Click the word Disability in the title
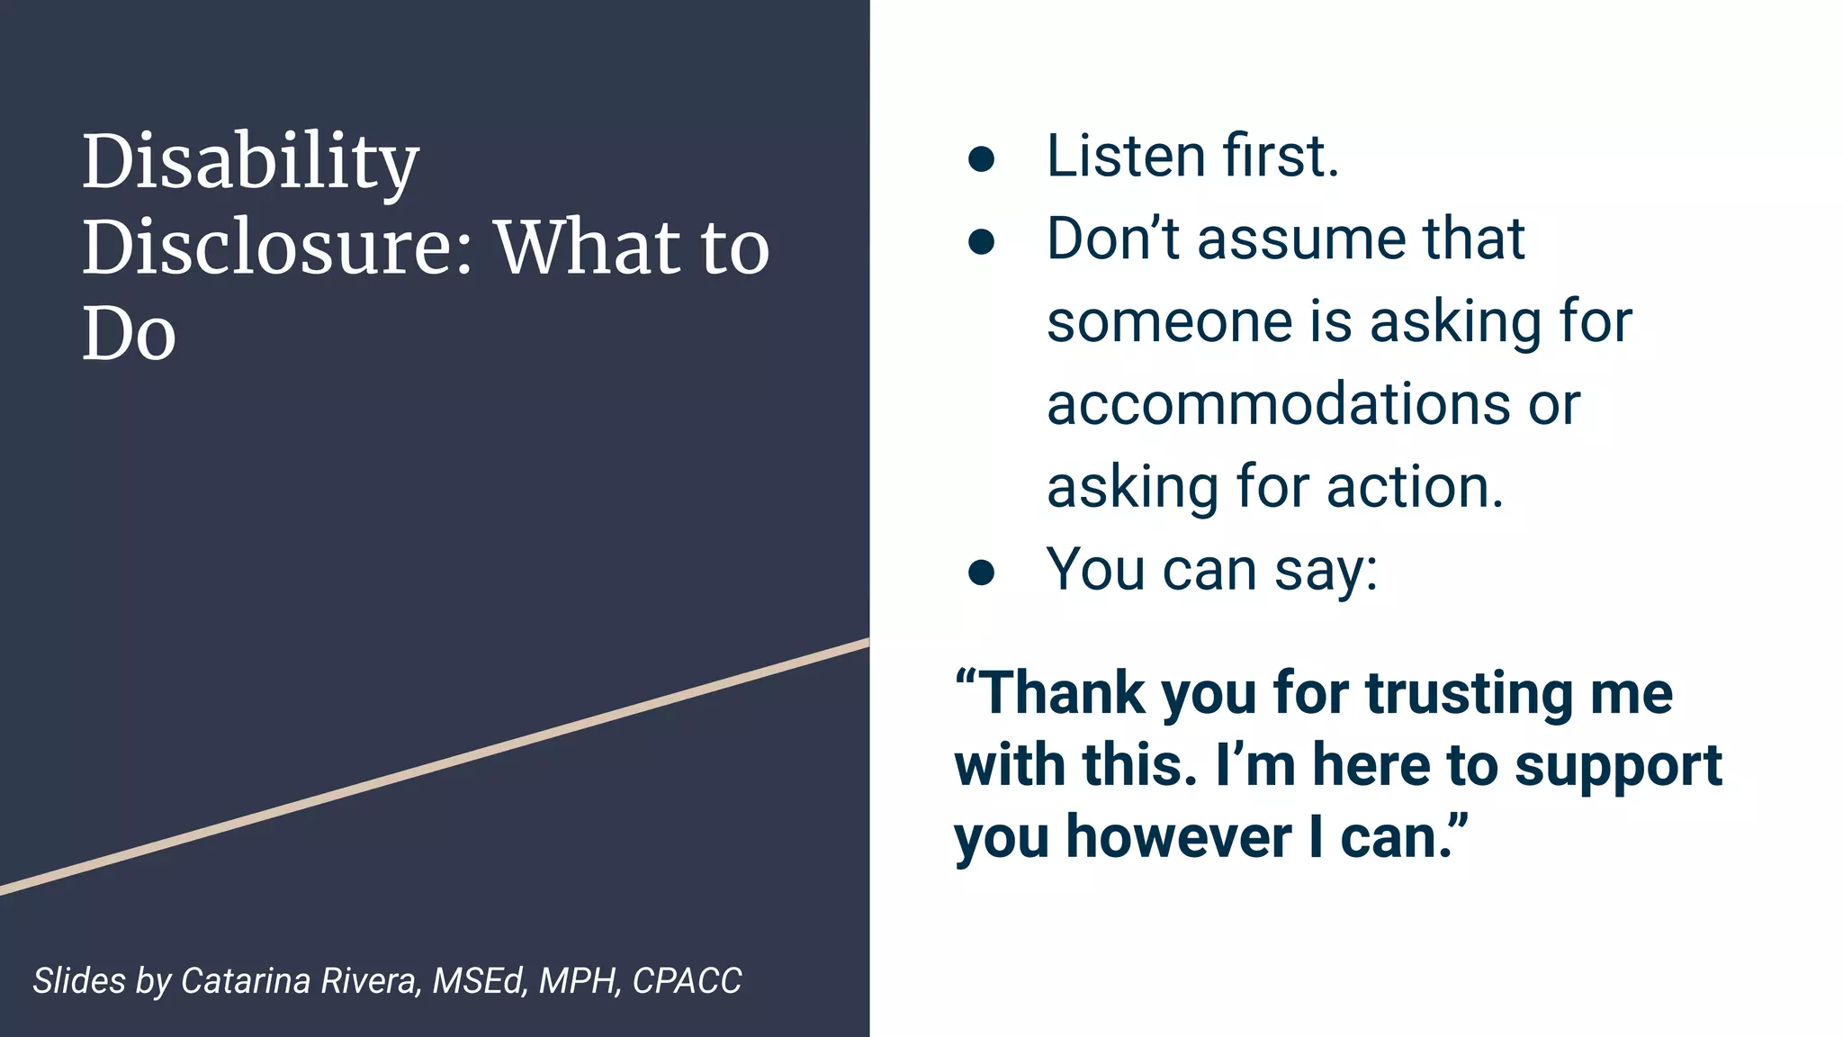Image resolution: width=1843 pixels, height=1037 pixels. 250,162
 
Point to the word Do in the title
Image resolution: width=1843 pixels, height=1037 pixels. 129,333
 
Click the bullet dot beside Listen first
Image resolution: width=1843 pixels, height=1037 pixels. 981,160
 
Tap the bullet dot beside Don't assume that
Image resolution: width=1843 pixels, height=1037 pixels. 981,242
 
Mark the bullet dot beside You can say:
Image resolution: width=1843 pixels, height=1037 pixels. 981,573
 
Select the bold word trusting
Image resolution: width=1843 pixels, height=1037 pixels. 1470,693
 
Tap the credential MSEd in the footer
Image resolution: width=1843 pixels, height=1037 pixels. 477,980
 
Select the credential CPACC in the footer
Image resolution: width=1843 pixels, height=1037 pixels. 687,980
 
